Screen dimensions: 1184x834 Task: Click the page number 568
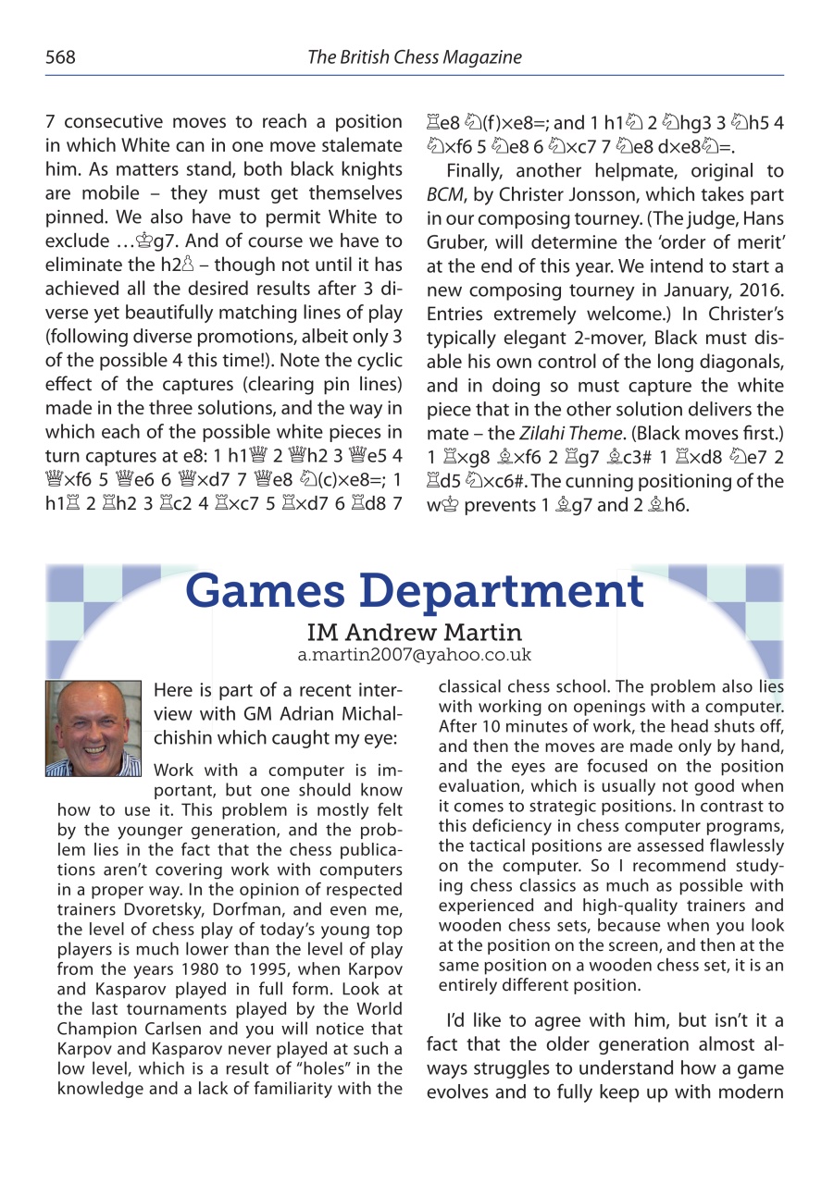60,57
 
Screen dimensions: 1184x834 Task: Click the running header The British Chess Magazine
414,57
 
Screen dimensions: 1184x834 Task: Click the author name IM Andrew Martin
414,634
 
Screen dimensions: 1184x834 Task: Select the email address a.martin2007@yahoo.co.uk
414,655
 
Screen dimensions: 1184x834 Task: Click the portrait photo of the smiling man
93,729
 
